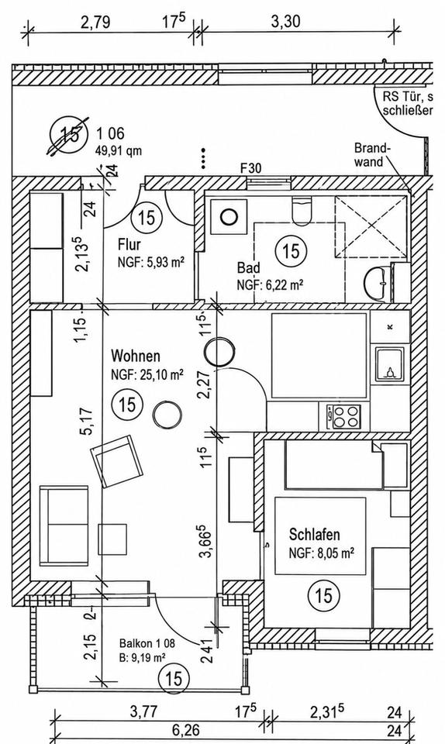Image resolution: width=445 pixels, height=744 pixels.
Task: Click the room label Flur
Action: click(129, 245)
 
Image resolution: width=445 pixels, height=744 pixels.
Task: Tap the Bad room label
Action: click(249, 267)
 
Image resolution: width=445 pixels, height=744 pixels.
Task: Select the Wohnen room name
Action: click(136, 356)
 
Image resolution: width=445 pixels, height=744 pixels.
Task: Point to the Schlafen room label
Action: click(315, 534)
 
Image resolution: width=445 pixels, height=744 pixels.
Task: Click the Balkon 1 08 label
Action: click(147, 644)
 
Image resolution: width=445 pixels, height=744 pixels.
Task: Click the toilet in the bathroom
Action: click(302, 211)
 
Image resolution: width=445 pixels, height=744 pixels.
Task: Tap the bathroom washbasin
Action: click(378, 283)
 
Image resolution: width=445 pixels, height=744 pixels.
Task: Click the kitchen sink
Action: click(390, 364)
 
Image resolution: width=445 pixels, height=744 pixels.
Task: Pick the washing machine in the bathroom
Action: click(229, 216)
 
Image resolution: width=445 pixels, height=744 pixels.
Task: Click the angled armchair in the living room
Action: click(116, 461)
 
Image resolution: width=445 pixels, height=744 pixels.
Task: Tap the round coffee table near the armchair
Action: click(167, 414)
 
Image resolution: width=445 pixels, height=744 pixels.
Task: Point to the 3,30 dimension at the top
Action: click(286, 22)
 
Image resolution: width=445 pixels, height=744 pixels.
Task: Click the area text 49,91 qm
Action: click(119, 151)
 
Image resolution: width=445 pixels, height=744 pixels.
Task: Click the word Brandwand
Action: click(372, 155)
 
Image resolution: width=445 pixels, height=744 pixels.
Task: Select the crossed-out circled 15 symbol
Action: click(69, 135)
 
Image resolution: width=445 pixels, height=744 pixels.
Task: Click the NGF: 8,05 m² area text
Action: click(323, 553)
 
